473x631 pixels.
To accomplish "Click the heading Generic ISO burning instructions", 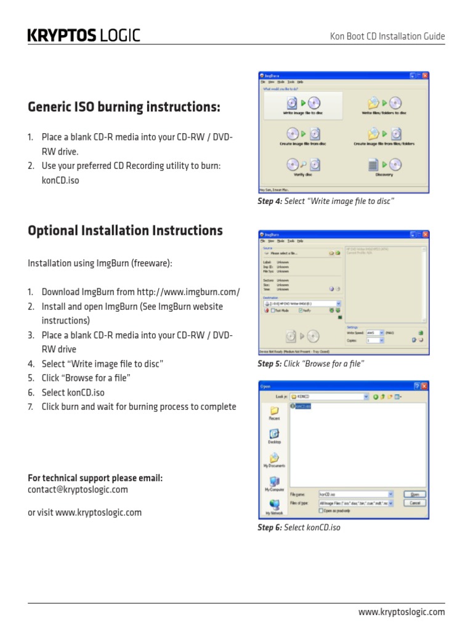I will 124,107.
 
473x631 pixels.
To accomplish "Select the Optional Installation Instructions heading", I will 125,230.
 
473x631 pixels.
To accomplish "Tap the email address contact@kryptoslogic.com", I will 78,489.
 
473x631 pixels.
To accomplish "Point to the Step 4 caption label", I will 270,202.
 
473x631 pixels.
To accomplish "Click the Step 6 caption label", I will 270,527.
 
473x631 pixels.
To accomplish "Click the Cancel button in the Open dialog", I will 414,503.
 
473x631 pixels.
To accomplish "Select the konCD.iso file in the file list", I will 304,407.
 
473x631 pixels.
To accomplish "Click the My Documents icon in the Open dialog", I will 274,459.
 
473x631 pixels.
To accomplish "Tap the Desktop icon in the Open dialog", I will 274,436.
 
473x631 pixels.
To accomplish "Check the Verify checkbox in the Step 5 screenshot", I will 301,311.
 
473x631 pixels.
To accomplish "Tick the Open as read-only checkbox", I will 321,511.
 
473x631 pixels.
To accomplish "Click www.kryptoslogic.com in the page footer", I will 402,612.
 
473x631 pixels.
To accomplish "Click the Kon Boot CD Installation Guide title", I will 387,37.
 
